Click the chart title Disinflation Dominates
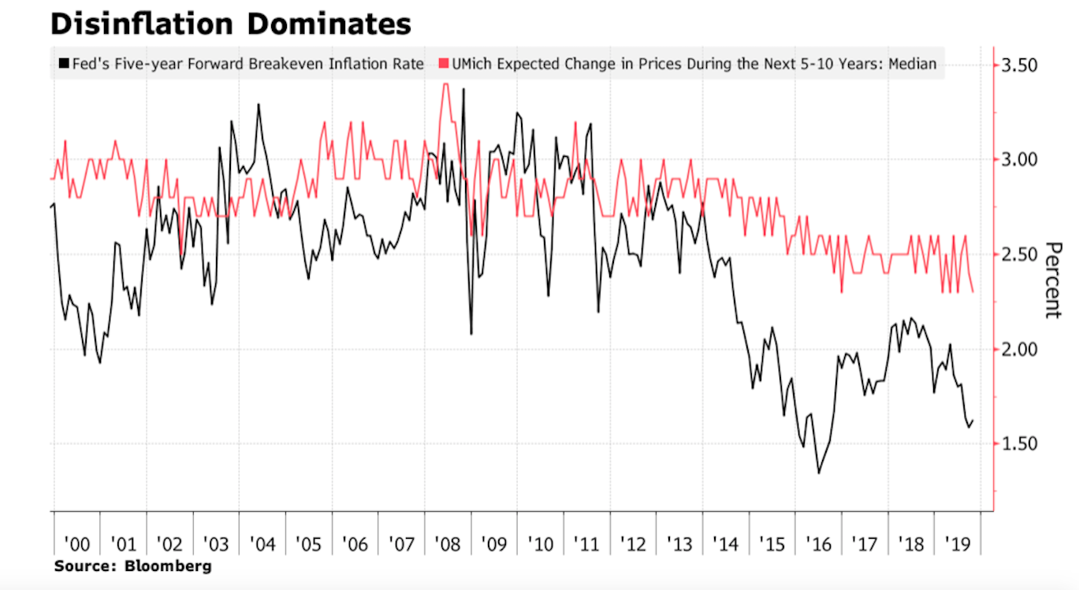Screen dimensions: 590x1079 [230, 24]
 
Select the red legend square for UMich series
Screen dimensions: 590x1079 [444, 64]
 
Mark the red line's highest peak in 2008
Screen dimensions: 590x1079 [445, 84]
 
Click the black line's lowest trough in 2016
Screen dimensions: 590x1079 [818, 473]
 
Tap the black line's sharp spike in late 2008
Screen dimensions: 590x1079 [463, 89]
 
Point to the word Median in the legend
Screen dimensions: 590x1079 [913, 64]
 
